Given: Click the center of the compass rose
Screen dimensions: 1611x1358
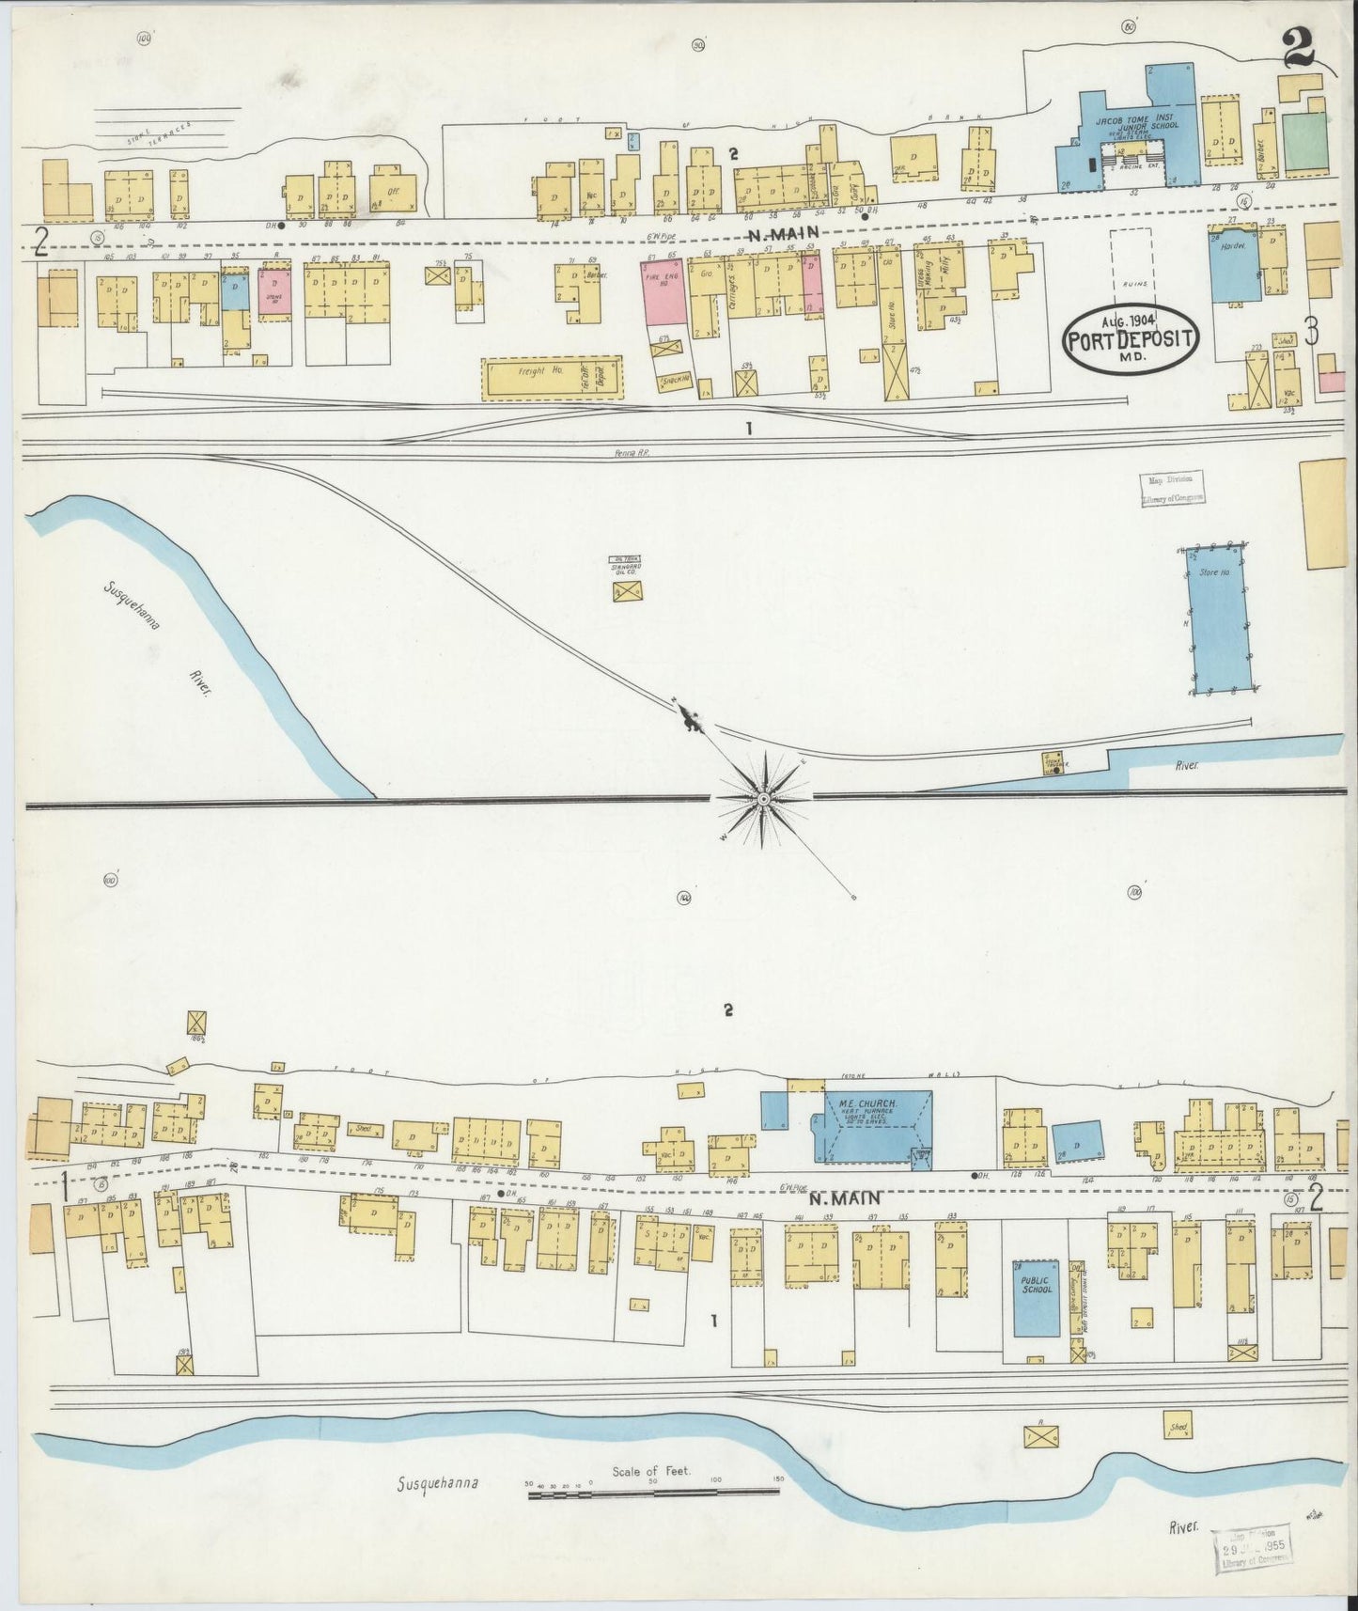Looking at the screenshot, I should [763, 798].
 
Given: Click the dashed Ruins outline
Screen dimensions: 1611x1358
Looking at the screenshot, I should [1141, 269].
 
